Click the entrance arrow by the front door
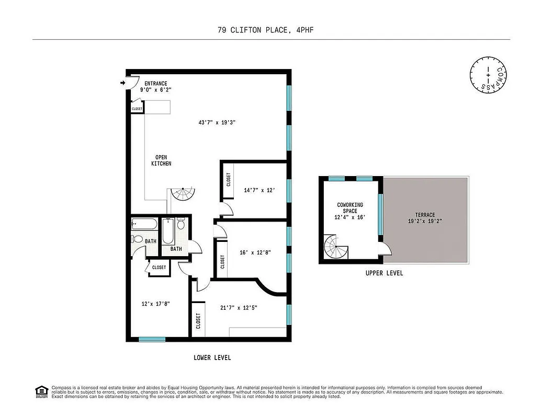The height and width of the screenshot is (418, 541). point(123,83)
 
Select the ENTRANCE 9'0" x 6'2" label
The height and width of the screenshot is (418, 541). point(156,87)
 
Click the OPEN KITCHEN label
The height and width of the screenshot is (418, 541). point(162,160)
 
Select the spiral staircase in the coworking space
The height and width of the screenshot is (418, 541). point(335,247)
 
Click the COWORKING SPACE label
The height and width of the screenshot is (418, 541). point(350,211)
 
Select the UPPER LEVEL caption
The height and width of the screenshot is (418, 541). point(384,273)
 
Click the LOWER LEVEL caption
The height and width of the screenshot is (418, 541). point(212,358)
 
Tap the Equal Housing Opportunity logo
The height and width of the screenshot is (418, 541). point(41,391)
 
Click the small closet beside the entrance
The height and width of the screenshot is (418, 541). point(137,109)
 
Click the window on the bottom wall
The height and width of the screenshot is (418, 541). point(152,340)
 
